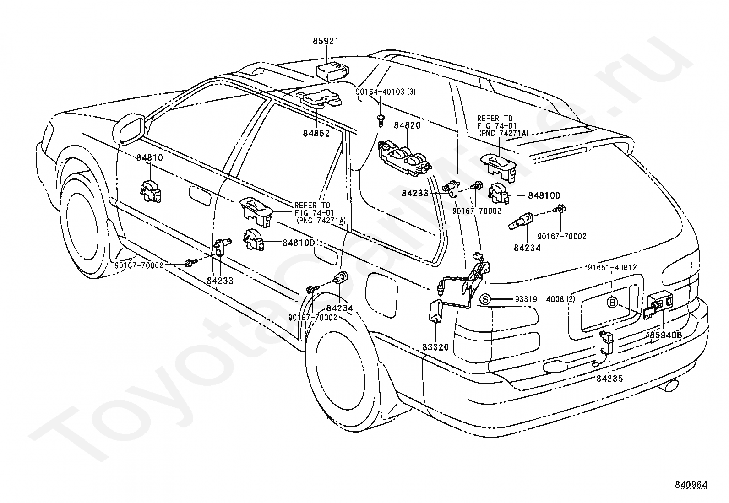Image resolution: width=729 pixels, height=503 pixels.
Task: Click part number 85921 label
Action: click(x=326, y=41)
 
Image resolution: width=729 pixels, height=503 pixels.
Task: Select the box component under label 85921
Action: click(x=332, y=72)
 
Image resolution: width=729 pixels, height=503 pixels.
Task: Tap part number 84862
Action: click(x=316, y=133)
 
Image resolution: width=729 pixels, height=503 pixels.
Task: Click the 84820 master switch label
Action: click(x=407, y=125)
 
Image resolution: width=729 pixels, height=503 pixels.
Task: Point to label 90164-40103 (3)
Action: click(x=386, y=92)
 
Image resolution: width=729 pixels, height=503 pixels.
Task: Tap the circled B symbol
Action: click(x=612, y=303)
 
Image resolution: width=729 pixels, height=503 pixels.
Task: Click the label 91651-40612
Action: click(x=612, y=267)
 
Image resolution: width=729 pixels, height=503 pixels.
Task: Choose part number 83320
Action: click(x=435, y=347)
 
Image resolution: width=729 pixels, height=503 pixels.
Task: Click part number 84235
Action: click(x=609, y=379)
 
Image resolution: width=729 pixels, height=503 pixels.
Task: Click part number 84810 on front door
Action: click(x=149, y=157)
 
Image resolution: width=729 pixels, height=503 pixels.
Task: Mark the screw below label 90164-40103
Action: click(x=381, y=120)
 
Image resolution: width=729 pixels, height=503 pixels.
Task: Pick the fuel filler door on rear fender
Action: click(x=381, y=294)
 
